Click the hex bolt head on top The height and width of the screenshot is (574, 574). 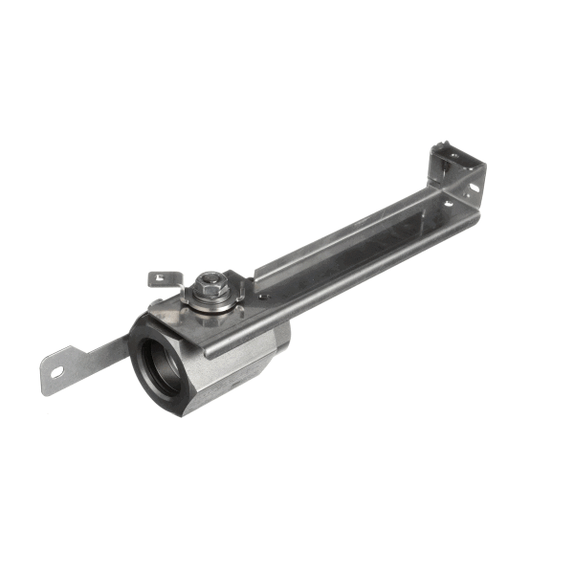210,282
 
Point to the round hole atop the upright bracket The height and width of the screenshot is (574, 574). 442,149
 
